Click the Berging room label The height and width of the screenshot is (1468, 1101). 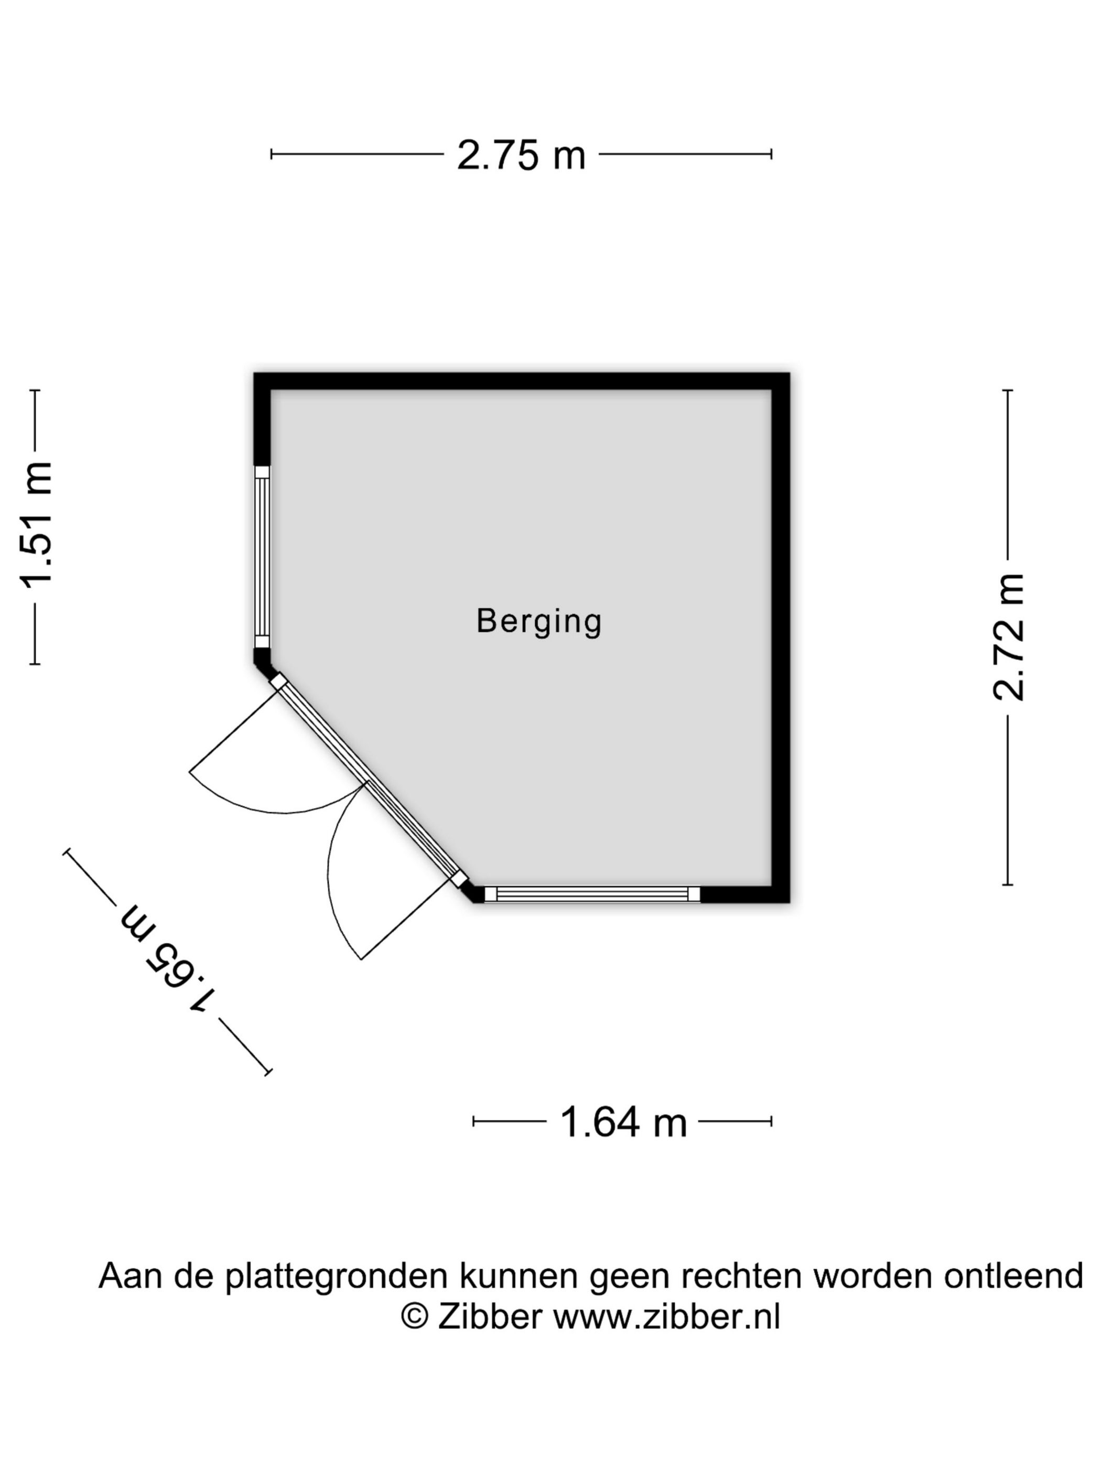tap(539, 622)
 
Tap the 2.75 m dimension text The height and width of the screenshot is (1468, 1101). tap(521, 156)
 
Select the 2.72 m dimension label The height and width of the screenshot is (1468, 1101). tap(1008, 637)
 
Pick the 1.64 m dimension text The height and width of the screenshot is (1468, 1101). tap(623, 1122)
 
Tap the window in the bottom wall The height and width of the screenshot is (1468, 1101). tap(592, 894)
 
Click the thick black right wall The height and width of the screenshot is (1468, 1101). tap(781, 637)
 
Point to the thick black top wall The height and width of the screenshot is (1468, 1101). tap(522, 382)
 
